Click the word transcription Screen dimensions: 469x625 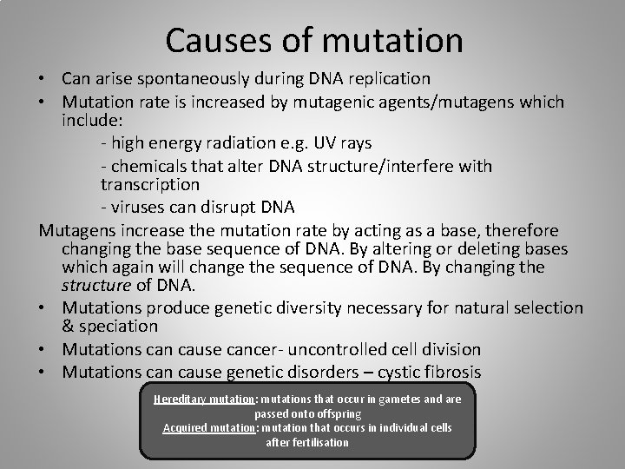[150, 185]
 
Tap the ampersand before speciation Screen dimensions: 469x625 [69, 327]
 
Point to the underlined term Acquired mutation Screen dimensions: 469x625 [207, 428]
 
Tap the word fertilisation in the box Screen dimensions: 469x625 [307, 443]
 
